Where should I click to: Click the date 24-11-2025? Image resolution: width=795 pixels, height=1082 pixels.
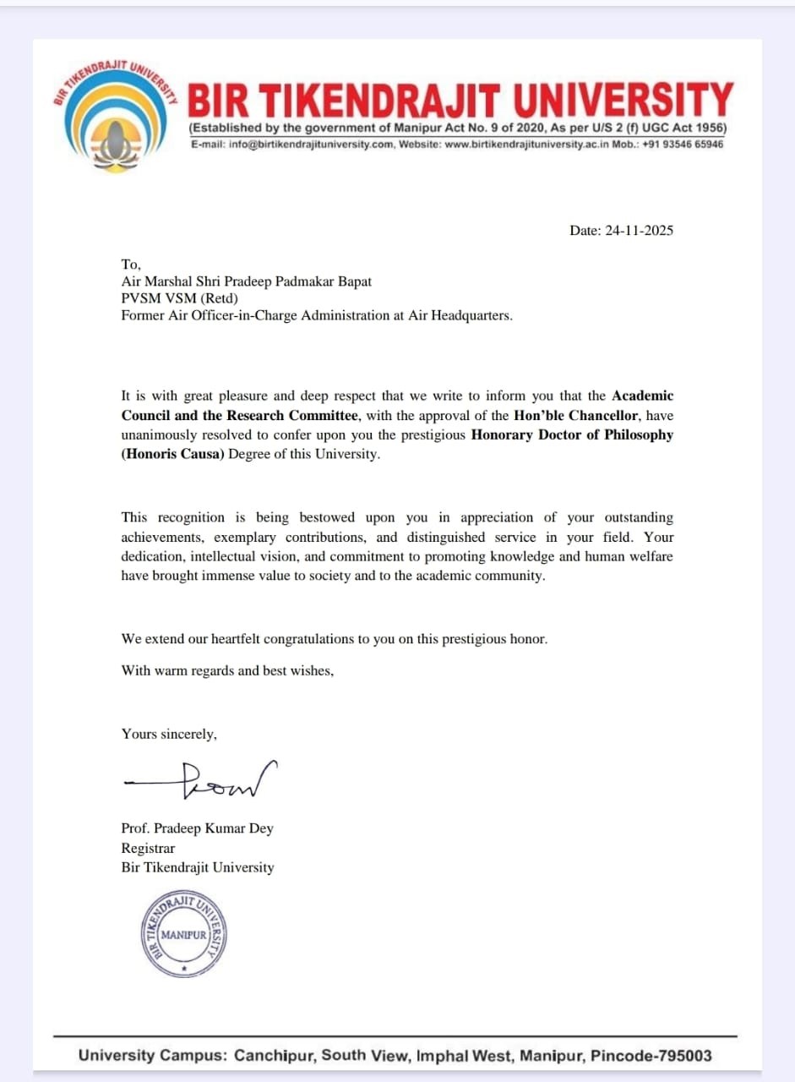click(639, 231)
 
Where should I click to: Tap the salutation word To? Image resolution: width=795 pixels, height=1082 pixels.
click(131, 264)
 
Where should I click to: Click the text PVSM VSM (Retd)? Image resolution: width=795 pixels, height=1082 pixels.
click(180, 298)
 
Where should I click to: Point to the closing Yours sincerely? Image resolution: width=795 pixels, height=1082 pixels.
click(169, 734)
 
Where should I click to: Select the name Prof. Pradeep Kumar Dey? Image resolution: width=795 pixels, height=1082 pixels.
click(197, 828)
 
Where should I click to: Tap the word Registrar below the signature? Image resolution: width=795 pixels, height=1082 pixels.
click(148, 848)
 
